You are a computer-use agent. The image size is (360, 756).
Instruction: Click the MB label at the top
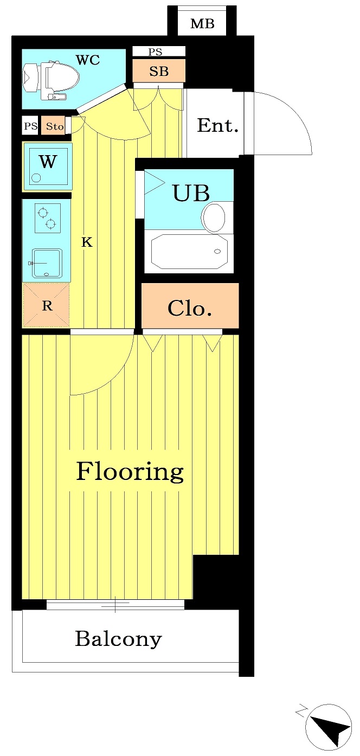[202, 24]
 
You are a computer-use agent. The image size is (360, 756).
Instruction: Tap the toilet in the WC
[51, 80]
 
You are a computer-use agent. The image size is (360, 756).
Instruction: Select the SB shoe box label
[159, 71]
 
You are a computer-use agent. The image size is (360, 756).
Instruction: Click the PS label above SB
[155, 52]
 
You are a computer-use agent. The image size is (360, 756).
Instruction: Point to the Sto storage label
[55, 126]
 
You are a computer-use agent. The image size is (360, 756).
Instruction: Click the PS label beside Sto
[31, 126]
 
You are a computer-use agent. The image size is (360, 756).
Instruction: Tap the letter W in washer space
[48, 161]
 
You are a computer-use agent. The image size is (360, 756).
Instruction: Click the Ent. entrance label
[217, 125]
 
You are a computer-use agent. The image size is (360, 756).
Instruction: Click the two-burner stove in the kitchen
[48, 218]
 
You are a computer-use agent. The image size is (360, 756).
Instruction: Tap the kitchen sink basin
[47, 263]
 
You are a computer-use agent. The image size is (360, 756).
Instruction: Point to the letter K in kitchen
[87, 242]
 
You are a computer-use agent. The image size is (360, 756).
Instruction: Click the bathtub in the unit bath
[189, 252]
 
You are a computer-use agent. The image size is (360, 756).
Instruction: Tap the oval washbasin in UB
[214, 217]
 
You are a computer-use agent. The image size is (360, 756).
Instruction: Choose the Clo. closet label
[189, 308]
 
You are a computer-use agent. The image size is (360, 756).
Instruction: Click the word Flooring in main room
[130, 471]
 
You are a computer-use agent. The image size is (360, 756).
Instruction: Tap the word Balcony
[118, 639]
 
